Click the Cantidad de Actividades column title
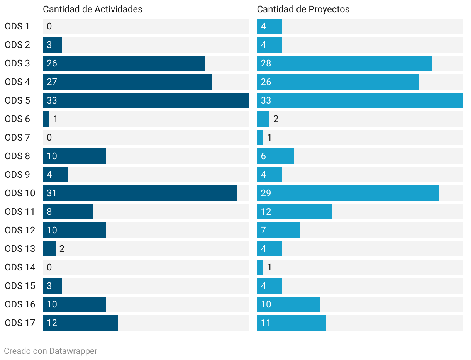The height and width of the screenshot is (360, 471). pos(93,9)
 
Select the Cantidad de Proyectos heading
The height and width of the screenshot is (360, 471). pos(303,9)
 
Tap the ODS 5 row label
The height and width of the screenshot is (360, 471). pos(17,100)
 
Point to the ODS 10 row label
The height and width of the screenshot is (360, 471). pos(20,193)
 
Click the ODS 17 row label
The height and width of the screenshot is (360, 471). pos(20,323)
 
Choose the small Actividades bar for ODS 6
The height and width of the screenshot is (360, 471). pos(46,119)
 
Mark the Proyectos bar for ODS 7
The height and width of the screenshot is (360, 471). pos(260,138)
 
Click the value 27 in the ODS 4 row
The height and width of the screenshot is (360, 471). pos(52,82)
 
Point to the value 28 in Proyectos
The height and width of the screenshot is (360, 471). pos(266,63)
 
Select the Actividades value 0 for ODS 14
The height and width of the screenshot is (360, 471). pos(49,267)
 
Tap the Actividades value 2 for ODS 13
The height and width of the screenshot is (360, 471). pos(62,249)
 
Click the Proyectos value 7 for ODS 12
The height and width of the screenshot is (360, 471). pos(263,230)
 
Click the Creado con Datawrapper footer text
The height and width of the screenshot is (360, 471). pos(51,351)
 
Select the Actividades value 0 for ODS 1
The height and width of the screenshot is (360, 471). pos(49,26)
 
